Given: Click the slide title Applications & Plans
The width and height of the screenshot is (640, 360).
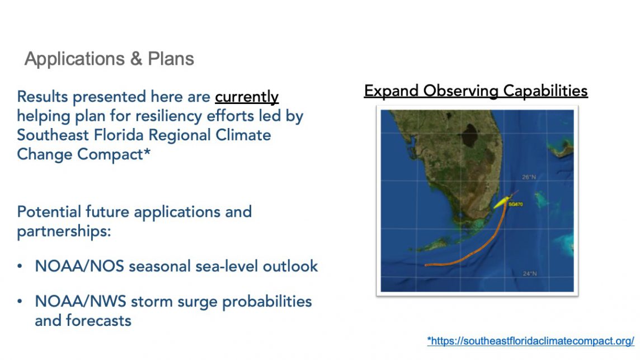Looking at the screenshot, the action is coord(109,59).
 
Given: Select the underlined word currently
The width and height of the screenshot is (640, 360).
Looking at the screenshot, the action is coord(247,97).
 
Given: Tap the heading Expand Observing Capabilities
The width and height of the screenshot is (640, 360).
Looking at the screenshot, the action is coord(476,91).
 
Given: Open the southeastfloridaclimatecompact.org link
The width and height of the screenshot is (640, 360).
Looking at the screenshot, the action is coord(530,341).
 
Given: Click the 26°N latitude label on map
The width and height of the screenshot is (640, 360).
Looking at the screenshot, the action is coord(529,177).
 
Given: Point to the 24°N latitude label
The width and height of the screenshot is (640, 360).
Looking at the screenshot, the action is coord(530,273).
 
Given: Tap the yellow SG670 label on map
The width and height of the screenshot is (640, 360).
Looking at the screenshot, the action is coord(516,204).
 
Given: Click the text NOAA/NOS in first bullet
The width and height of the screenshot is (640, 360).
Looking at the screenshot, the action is coord(79,266).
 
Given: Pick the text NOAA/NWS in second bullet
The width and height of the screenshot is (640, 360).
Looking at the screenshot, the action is coord(81,302).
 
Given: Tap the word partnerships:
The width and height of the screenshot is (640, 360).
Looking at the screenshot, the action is coord(64,231).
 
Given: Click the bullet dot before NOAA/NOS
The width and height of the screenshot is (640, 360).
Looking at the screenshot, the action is coord(20,266).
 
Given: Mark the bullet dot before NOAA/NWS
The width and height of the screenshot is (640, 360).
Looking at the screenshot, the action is coord(20,302).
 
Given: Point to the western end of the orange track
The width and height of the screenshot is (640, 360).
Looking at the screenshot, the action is coord(426,265).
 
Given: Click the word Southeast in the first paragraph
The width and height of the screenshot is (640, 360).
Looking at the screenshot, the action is coord(53,135).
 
